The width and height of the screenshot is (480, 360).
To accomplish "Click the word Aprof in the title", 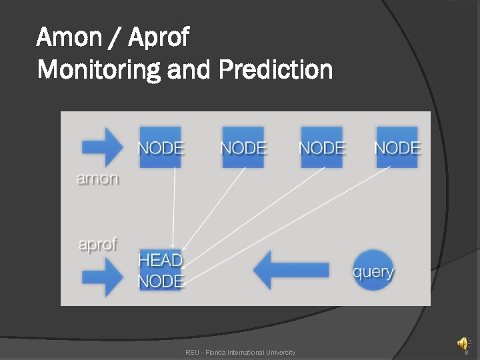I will [159, 37].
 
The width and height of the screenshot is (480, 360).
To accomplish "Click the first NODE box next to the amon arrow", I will [160, 147].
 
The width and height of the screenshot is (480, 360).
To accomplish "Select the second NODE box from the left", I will [243, 147].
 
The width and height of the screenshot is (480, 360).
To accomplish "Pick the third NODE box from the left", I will [321, 147].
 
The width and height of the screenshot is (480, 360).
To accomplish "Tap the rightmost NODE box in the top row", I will [397, 147].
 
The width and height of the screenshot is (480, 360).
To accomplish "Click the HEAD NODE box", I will [160, 270].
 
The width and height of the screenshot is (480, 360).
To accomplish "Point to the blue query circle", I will [373, 270].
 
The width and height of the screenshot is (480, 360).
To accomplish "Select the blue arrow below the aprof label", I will [101, 274].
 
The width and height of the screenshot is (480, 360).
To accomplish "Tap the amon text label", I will [97, 179].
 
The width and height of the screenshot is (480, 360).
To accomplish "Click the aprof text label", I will [97, 244].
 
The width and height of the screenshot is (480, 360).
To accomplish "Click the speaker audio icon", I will [462, 343].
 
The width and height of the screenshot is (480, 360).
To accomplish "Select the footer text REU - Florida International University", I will [240, 352].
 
